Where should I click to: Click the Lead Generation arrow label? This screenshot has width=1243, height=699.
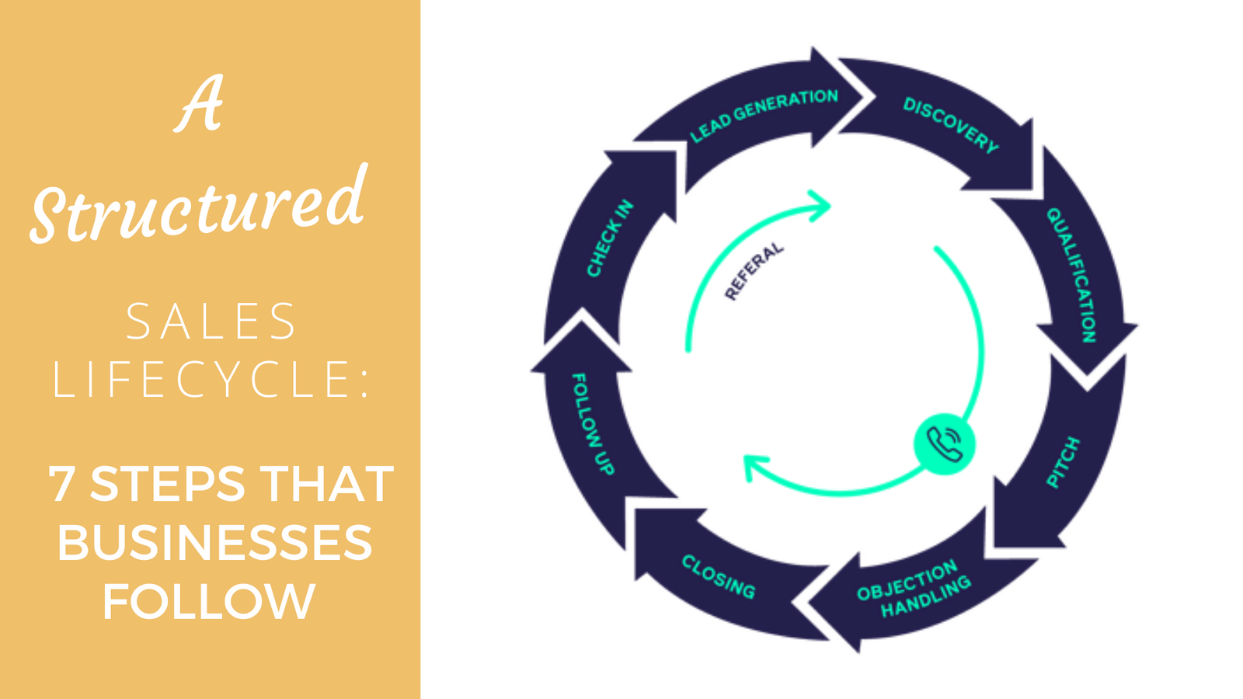(x=764, y=115)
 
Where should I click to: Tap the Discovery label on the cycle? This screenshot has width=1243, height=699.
(x=950, y=125)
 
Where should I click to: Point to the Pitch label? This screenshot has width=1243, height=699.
(x=1063, y=463)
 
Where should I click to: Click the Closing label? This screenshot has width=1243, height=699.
(x=718, y=577)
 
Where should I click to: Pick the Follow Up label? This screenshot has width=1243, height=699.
(x=593, y=424)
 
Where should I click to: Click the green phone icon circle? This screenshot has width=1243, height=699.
(x=944, y=443)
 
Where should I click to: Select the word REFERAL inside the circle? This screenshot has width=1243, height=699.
(x=754, y=271)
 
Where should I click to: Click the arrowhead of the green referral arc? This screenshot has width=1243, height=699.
(x=820, y=206)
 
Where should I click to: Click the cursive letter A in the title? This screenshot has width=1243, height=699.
(x=200, y=104)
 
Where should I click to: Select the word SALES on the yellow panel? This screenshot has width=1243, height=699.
(x=211, y=322)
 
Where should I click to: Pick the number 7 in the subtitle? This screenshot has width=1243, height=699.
(x=61, y=484)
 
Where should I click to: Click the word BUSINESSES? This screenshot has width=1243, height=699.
(x=214, y=542)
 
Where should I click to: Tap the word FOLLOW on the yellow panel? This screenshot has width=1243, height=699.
(x=209, y=601)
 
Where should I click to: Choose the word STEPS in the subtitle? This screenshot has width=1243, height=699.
(x=168, y=484)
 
